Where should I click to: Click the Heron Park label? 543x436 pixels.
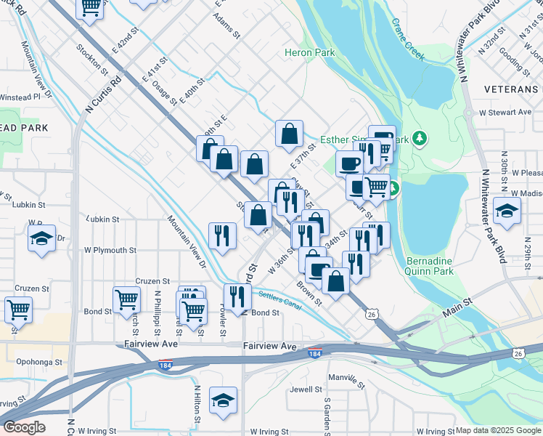(x=310, y=52)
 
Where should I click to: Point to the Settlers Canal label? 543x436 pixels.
(x=279, y=297)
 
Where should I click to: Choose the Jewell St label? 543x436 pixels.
(x=306, y=389)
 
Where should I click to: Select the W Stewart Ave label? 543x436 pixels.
(x=505, y=113)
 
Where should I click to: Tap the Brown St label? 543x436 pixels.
(x=309, y=291)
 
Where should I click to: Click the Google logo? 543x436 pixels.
(x=24, y=427)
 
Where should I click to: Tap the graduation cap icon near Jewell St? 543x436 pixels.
(x=223, y=399)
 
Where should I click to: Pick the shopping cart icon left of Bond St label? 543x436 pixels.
(x=126, y=300)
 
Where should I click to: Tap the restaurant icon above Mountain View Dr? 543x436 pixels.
(x=222, y=235)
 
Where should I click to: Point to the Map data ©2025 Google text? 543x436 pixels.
(x=498, y=430)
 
